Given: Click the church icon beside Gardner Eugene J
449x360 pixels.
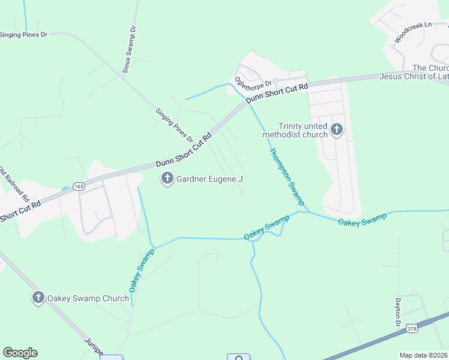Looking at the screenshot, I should tap(167, 178).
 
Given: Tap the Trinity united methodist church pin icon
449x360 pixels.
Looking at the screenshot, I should tap(337, 130).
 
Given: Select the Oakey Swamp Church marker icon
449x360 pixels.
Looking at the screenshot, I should tap(38, 298).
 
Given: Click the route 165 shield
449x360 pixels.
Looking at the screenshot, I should tap(79, 187).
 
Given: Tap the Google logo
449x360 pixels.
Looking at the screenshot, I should tap(20, 353).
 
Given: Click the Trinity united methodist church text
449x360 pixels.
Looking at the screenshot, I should tap(295, 130).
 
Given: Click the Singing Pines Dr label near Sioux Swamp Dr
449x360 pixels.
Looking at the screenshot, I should tap(174, 125).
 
